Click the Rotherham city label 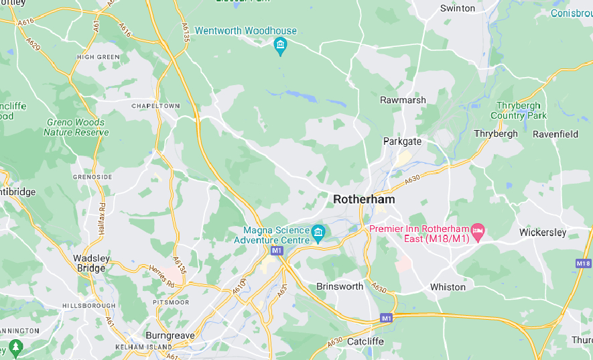click(364, 199)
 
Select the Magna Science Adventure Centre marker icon click(318, 233)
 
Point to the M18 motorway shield click(583, 263)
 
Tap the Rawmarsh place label click(403, 100)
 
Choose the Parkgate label click(402, 141)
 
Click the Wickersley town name click(543, 233)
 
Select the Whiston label click(448, 287)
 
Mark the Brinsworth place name click(340, 286)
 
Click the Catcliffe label click(365, 341)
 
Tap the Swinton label click(458, 9)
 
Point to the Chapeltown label click(155, 106)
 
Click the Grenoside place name click(92, 176)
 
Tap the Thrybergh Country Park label click(518, 111)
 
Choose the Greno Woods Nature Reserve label click(76, 127)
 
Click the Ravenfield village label click(555, 134)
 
